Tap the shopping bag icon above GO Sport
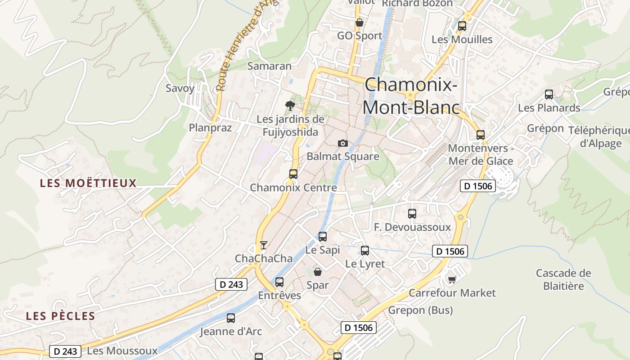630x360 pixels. click(359, 22)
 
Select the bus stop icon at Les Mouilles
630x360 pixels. click(462, 26)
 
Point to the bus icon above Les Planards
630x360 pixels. click(549, 94)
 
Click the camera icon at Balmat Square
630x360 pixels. click(343, 143)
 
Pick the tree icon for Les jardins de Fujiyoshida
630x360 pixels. click(290, 106)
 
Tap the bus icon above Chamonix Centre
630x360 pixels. click(293, 174)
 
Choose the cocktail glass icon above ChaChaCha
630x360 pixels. click(264, 245)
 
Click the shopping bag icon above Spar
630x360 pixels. click(318, 272)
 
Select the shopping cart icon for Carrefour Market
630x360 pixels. click(452, 280)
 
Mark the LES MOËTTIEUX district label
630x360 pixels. click(88, 183)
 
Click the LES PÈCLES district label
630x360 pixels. click(61, 316)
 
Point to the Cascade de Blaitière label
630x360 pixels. click(563, 279)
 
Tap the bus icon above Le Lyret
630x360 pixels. click(365, 251)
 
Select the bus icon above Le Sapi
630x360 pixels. click(323, 237)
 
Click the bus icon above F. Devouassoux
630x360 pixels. click(412, 214)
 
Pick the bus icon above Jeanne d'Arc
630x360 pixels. click(231, 318)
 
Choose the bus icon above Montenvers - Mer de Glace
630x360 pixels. click(481, 135)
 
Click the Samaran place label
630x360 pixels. click(270, 66)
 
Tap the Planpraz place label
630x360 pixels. click(210, 128)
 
